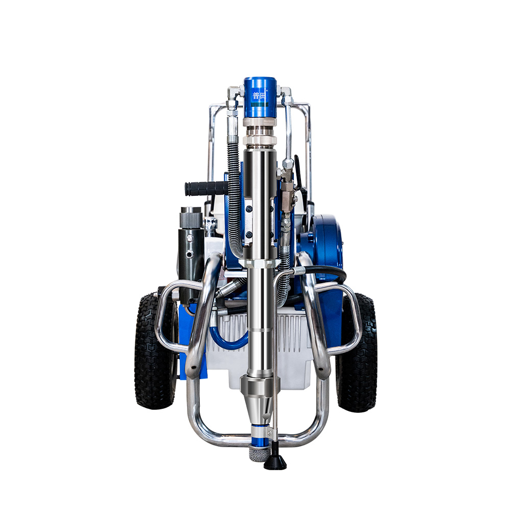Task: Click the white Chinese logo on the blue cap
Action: click(x=259, y=96)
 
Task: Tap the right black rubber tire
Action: click(x=358, y=353)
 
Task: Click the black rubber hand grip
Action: click(x=206, y=189)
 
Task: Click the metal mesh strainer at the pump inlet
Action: click(x=260, y=451)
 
